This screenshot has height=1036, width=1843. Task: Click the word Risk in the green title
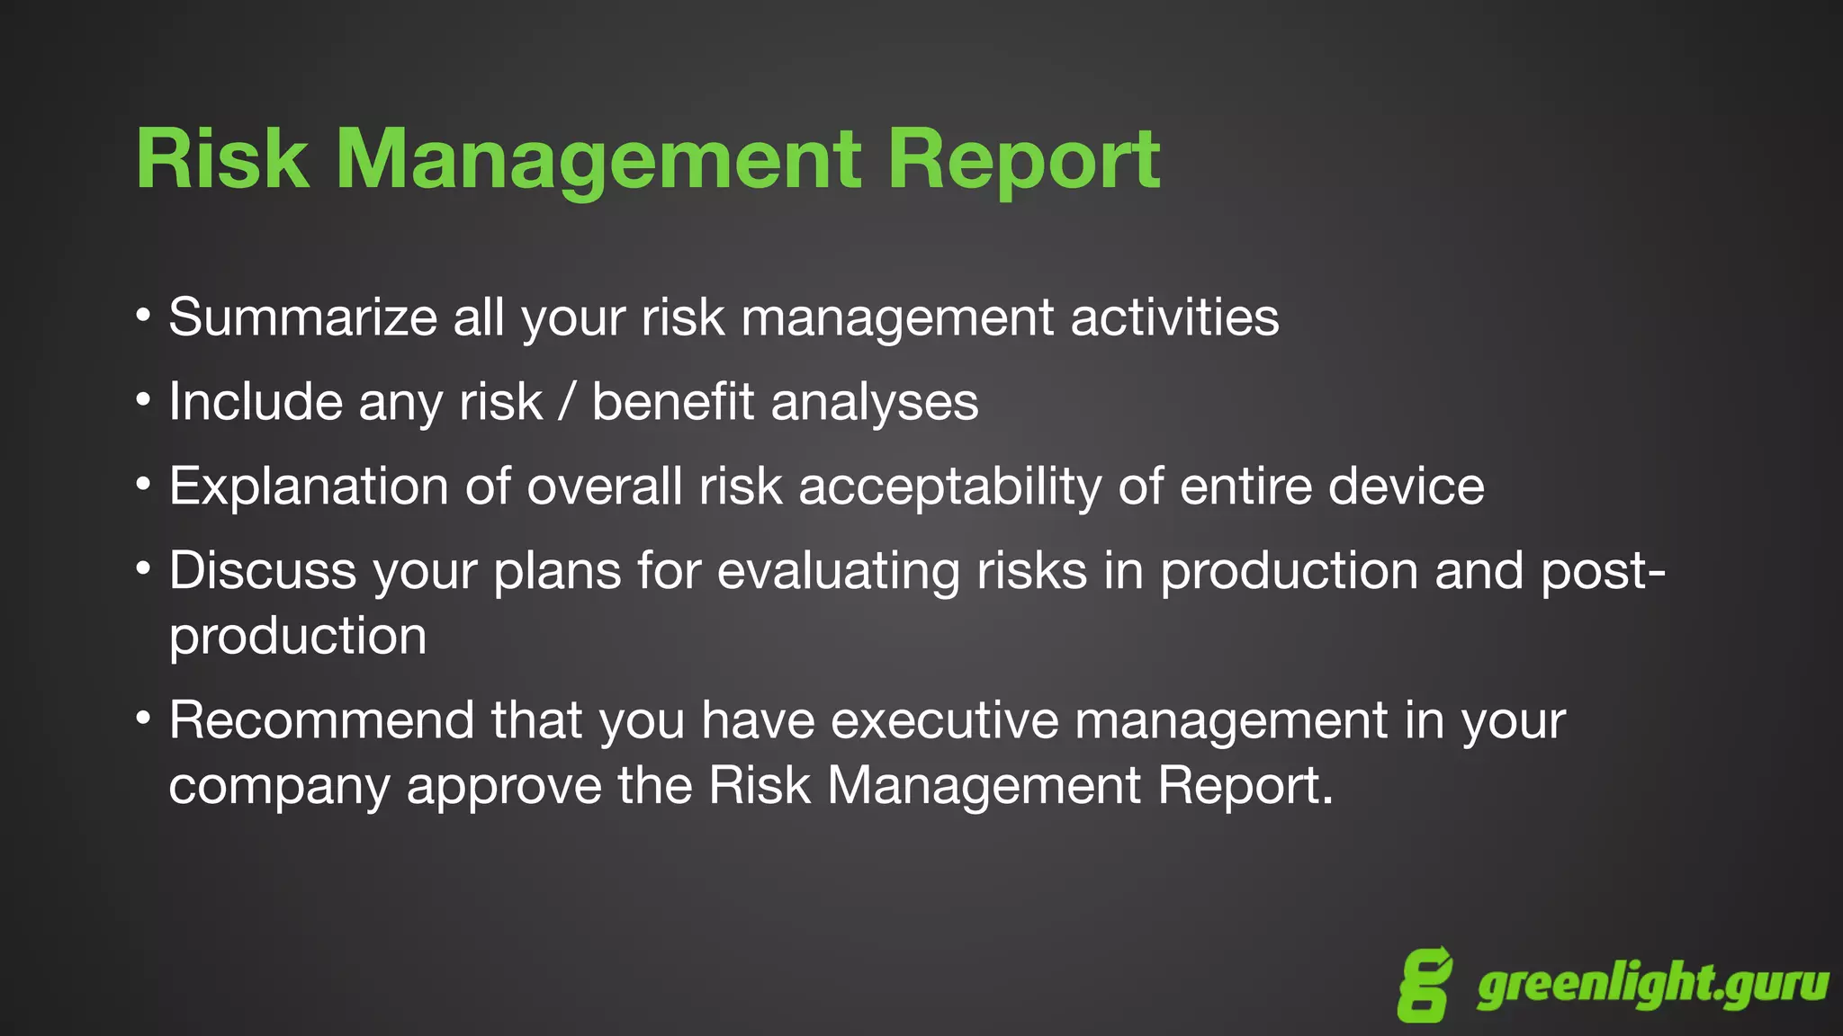222,159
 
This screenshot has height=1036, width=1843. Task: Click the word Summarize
302,317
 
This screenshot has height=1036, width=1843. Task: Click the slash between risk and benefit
566,402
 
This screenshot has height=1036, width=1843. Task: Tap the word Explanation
309,487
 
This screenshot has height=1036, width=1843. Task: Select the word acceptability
949,487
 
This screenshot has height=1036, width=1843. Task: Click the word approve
503,787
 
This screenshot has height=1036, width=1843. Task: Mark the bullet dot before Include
143,398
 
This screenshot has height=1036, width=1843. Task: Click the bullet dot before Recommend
143,718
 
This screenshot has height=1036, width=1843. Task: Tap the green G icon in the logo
1425,985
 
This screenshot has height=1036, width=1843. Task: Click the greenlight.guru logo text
1652,985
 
